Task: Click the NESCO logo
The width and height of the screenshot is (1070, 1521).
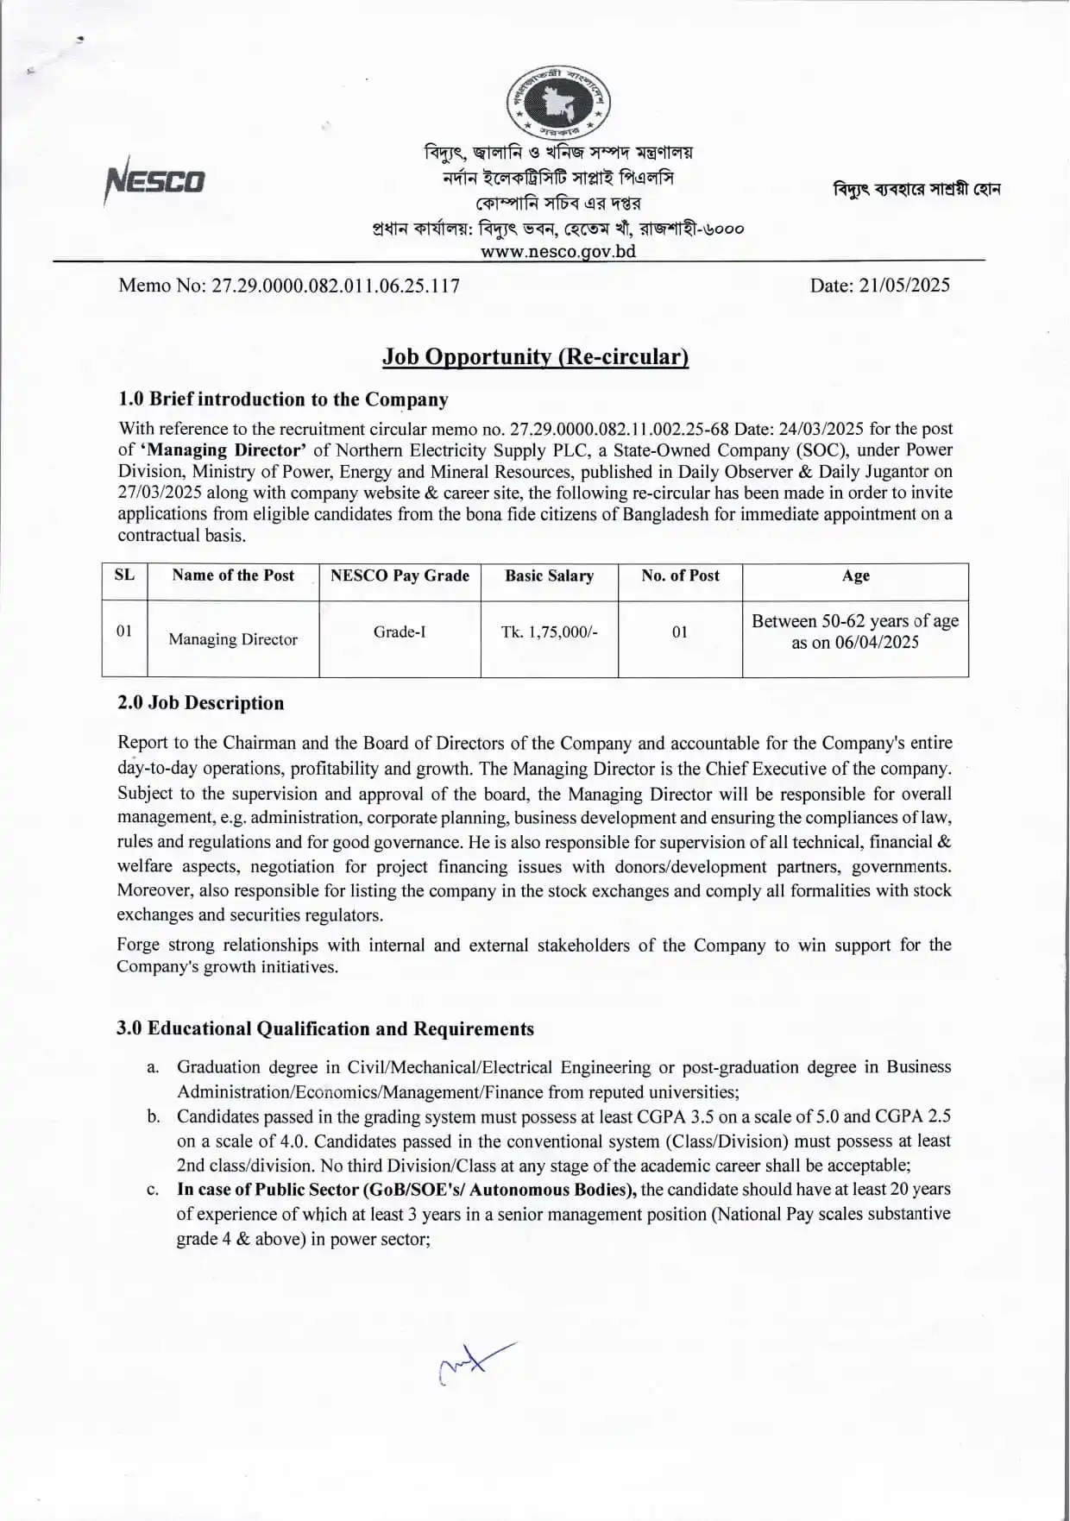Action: tap(155, 180)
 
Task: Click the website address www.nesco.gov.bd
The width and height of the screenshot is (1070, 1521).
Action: tap(557, 251)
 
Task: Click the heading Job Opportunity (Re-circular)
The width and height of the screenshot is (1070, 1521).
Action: tap(535, 356)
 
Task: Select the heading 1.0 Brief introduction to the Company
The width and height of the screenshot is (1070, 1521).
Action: tap(283, 399)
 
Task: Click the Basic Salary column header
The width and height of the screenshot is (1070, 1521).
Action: tap(549, 575)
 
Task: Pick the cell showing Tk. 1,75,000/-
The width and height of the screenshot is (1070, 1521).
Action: tap(549, 632)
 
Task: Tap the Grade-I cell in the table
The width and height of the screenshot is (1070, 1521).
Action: tap(399, 632)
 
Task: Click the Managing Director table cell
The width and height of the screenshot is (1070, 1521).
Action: tap(232, 639)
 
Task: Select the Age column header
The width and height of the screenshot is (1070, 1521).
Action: tap(855, 575)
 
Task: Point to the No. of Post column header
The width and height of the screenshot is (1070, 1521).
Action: tap(680, 575)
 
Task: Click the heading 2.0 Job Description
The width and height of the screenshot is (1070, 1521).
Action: tap(200, 702)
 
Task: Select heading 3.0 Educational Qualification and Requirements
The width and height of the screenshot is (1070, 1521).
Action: tap(325, 1028)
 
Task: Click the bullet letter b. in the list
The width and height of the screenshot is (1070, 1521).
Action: tap(154, 1116)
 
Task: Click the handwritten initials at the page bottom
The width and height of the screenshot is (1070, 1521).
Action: tap(475, 1363)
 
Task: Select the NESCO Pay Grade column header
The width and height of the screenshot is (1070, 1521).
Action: tap(400, 575)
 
